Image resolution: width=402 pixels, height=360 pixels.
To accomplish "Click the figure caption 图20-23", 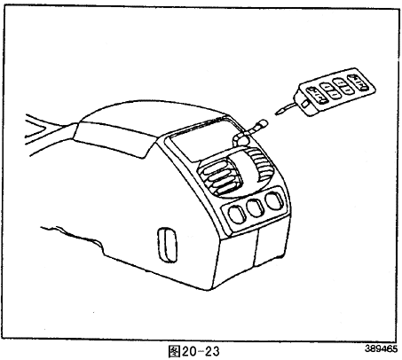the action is tap(193, 351).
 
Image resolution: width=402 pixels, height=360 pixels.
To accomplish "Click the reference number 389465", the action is tap(381, 348).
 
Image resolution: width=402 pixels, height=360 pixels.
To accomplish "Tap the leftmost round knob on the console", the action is tap(237, 215).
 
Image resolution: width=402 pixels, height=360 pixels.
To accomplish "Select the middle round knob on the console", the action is tap(256, 207).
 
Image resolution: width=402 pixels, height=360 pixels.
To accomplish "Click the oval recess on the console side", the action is tap(168, 245).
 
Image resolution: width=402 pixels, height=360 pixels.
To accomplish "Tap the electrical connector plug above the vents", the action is tap(249, 130).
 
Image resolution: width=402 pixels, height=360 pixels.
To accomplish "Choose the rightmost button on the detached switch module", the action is tap(358, 82).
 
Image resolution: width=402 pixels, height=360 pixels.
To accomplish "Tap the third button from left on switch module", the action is tap(343, 86).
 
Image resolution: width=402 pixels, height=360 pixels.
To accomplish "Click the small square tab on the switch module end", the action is tap(304, 104).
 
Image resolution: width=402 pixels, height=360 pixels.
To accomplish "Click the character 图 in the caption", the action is tap(174, 351).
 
